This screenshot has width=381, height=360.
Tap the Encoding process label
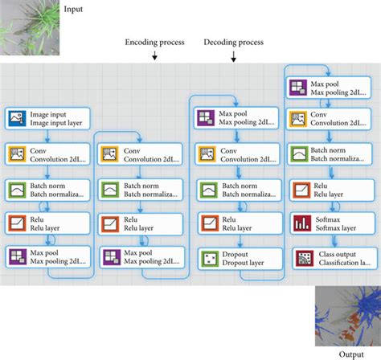coord(154,43)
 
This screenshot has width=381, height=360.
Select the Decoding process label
coord(232,43)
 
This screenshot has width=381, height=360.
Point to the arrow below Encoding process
coord(154,56)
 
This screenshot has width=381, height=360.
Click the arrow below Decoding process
coord(232,56)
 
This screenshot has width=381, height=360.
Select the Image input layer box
coord(47,119)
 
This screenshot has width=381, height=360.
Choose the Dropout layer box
coord(233,257)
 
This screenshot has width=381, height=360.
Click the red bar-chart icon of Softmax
coord(301,223)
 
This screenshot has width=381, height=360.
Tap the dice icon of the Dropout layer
coord(206,257)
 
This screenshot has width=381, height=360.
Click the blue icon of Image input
coord(17,119)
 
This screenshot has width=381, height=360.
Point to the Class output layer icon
coord(301,257)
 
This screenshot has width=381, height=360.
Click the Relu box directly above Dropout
coord(233,223)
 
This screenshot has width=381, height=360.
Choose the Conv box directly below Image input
coord(47,153)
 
